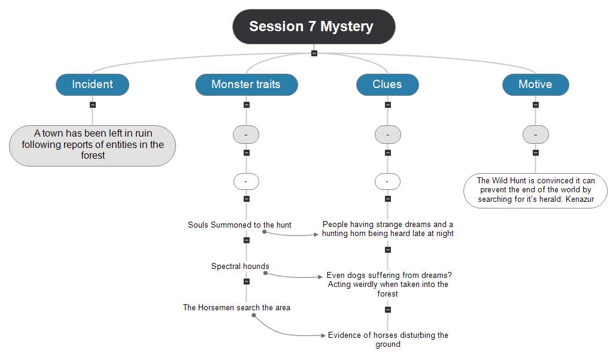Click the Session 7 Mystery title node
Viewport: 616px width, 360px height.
(314, 26)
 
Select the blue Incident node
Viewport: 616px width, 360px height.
(92, 84)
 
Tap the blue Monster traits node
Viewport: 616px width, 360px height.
(246, 84)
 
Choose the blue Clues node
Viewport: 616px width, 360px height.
(387, 84)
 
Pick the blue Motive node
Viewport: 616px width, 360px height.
(535, 84)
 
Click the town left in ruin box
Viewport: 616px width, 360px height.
(93, 144)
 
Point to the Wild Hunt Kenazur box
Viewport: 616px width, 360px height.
(535, 190)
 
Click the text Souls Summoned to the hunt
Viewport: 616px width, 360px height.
(239, 225)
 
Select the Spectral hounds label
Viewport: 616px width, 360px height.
(240, 267)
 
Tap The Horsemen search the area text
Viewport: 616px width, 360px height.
(236, 308)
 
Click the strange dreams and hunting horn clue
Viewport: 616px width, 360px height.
(388, 229)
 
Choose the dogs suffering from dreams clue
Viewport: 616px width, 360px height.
(388, 285)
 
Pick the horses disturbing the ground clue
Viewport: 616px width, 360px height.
(388, 339)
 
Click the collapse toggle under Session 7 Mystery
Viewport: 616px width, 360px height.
(314, 53)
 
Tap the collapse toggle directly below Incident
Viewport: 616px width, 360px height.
(92, 104)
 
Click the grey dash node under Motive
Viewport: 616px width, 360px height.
(535, 135)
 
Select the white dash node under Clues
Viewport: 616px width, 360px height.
(388, 181)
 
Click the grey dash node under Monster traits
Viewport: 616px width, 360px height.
(246, 135)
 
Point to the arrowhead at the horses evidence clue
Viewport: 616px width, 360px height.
(324, 335)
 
